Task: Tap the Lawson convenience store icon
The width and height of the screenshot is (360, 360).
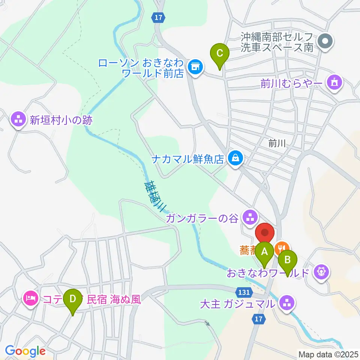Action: pos(194,67)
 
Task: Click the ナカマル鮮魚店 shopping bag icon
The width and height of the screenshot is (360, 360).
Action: pos(235,158)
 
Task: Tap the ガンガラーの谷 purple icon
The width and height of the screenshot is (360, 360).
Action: pos(249,216)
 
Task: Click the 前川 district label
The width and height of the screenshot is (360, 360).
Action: pos(277,143)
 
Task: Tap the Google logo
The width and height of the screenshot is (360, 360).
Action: pos(25,351)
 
